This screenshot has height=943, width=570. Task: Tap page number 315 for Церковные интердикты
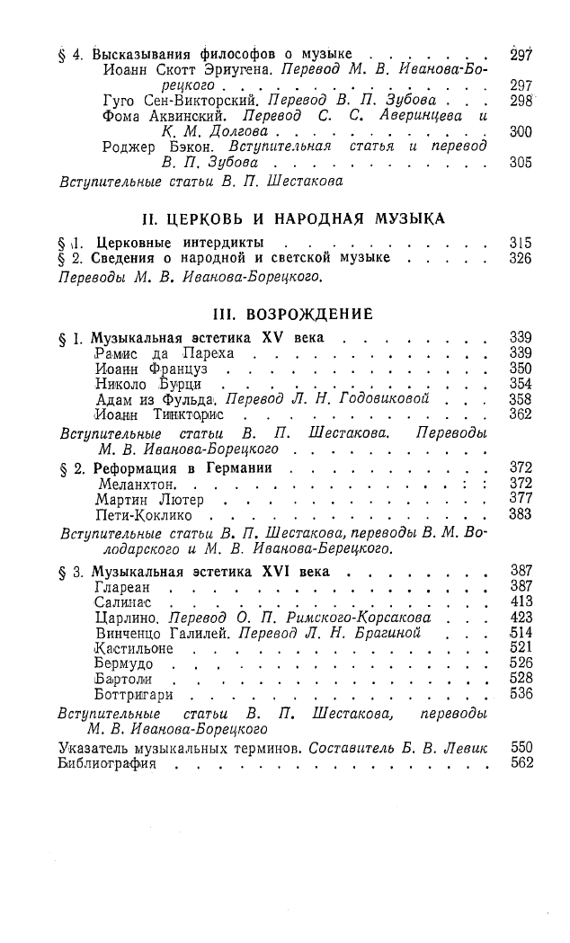(520, 244)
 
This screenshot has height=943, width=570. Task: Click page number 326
(520, 259)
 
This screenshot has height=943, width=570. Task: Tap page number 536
(521, 694)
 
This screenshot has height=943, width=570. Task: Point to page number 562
(521, 763)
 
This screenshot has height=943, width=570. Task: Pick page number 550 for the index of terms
(521, 747)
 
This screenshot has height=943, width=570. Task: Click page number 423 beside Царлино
(521, 618)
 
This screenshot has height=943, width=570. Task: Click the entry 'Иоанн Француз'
(147, 369)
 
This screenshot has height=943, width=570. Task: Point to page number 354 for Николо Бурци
(521, 384)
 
